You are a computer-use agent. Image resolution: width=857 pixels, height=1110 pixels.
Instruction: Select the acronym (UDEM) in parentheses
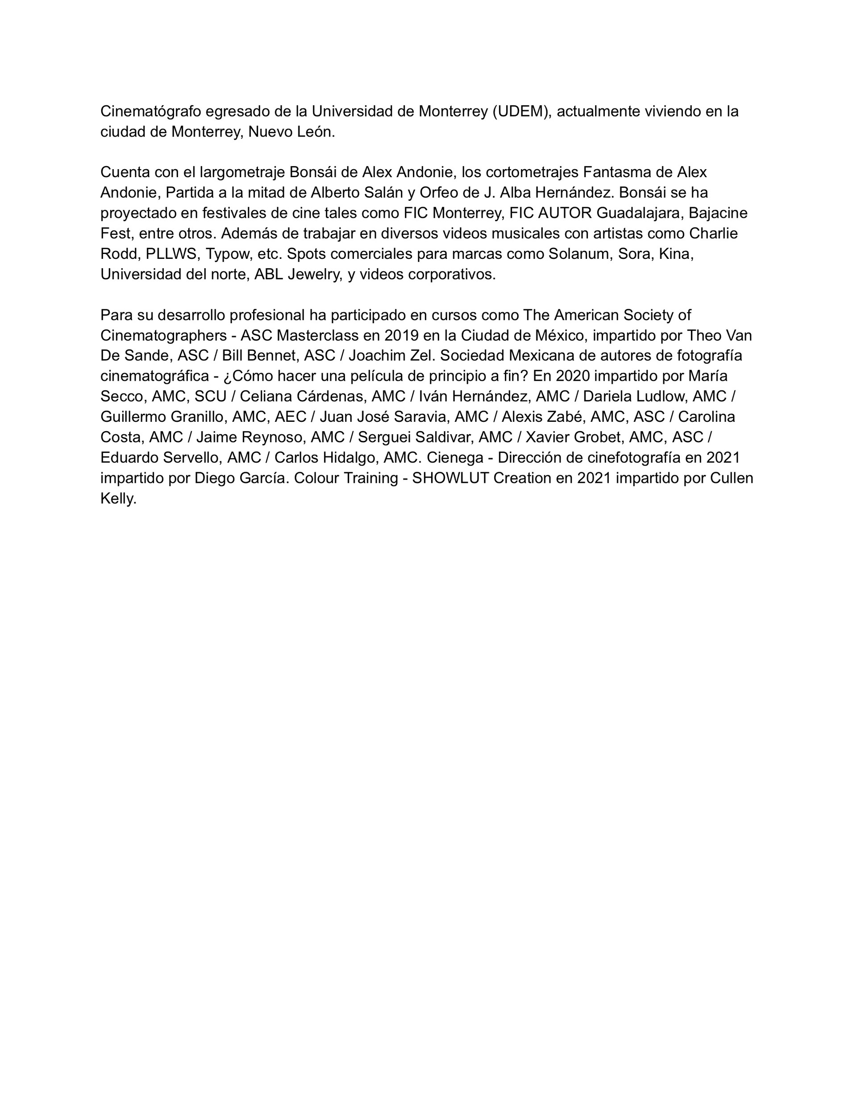pos(522,111)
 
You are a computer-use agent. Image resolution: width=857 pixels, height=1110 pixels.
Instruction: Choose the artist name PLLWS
pos(171,254)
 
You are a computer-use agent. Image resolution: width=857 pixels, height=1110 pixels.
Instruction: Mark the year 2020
pos(573,377)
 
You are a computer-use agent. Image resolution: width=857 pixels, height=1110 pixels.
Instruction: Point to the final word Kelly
pos(118,499)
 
